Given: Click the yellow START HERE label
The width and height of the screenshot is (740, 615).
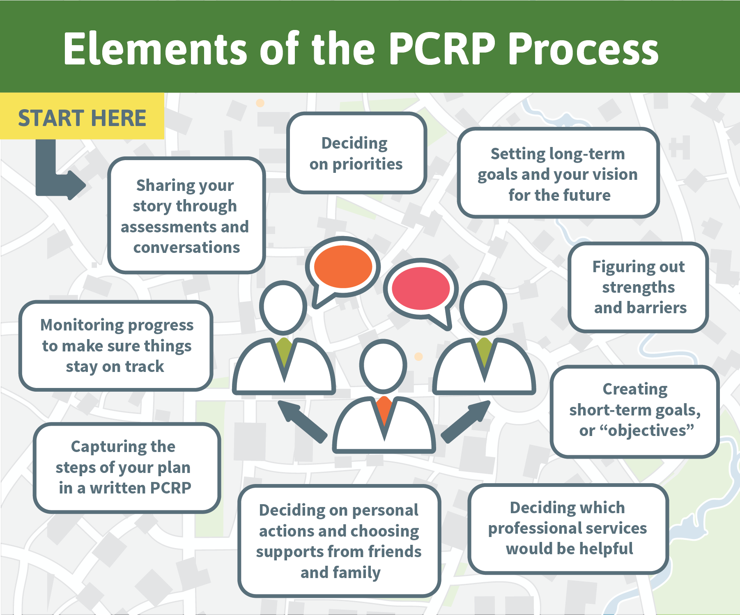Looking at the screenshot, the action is coord(82,116).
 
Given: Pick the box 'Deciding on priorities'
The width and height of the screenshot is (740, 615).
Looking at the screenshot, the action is coord(356,153).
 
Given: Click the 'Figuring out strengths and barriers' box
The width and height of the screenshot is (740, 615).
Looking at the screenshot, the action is coord(639,287).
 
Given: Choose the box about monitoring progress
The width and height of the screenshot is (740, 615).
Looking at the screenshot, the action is coord(116,346).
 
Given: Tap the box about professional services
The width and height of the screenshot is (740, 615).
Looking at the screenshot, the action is coord(568,528).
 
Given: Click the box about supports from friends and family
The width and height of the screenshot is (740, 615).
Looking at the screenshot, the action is coord(339,541).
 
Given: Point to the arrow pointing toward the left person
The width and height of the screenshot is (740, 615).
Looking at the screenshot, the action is coord(303,422).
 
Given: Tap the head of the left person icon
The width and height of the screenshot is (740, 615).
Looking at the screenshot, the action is coord(283,307).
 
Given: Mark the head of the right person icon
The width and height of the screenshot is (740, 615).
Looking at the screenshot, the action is coord(483,307).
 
